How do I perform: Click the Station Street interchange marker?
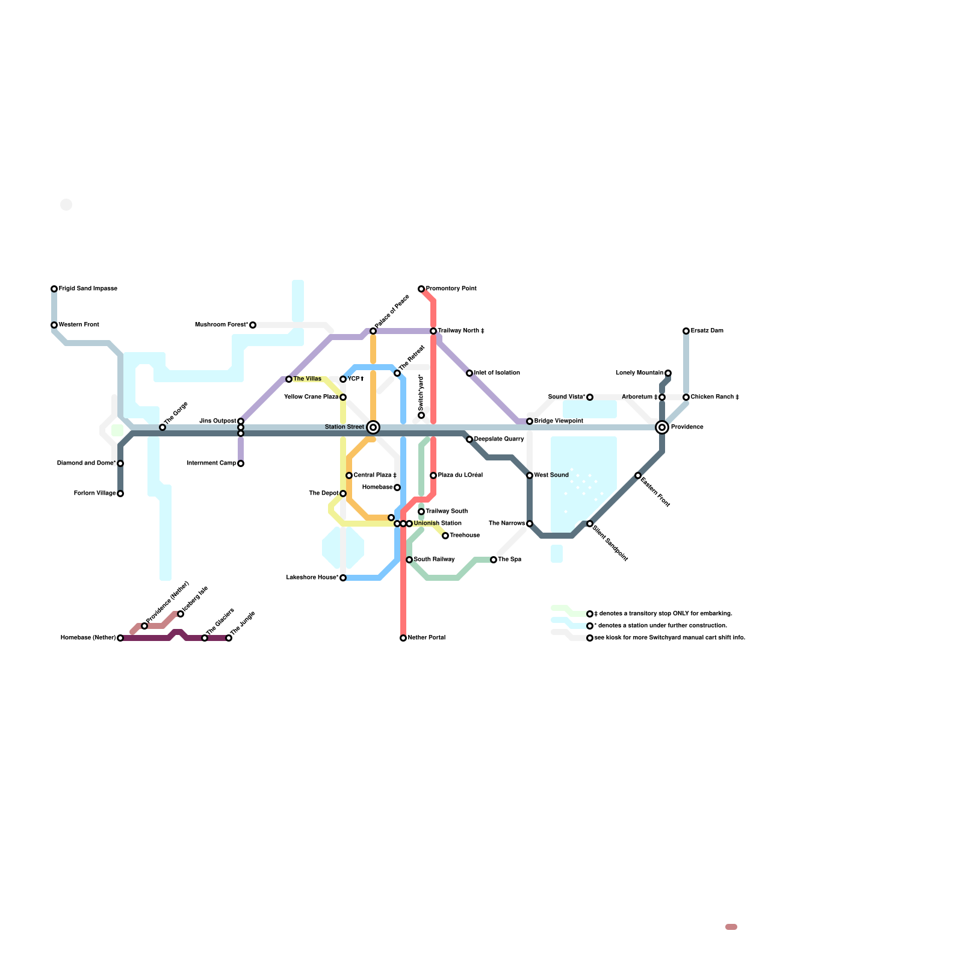373,427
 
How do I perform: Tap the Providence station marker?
662,427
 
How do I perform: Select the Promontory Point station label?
451,289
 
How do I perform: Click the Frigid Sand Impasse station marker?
54,289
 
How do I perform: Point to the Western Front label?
79,325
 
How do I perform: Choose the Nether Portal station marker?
403,638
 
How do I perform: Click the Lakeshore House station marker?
343,578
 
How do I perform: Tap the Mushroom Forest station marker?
253,325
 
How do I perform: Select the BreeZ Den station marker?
686,331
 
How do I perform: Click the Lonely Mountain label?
639,373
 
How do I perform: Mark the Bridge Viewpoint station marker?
530,421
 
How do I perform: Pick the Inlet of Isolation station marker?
469,373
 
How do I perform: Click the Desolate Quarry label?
499,439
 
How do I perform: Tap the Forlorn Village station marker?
120,494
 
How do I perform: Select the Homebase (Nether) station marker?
120,638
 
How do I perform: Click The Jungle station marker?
229,638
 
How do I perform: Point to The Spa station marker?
494,560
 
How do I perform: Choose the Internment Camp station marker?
241,463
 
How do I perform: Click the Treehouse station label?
465,536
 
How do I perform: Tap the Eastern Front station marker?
638,475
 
